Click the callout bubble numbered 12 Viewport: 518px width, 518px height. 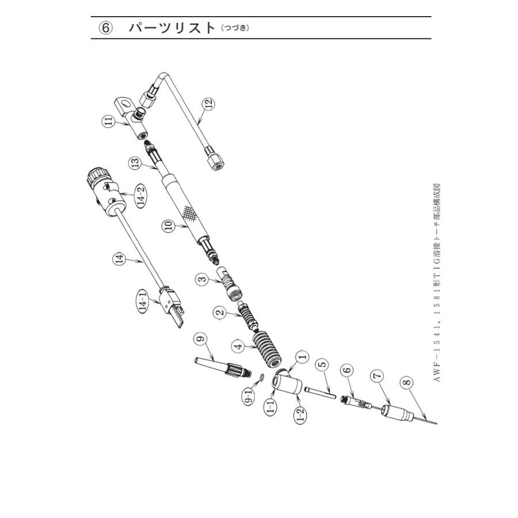209,103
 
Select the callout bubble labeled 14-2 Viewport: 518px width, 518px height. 142,196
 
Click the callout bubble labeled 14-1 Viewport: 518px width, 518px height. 143,301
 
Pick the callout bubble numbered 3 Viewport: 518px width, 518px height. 203,278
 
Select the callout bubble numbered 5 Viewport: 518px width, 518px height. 323,364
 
